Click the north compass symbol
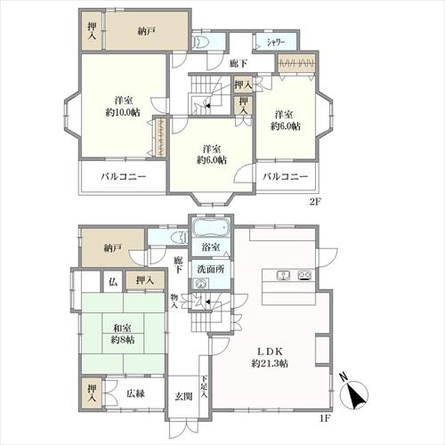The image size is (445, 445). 353,393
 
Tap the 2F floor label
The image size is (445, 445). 315,202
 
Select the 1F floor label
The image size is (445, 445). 324,418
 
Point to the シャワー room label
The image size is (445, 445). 276,43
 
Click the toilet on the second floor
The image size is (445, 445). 199,42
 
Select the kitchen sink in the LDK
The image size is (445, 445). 284,275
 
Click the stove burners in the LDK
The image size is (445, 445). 304,275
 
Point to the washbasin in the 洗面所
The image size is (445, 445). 200,284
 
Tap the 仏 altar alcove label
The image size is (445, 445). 113,281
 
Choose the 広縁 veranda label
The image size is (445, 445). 135,393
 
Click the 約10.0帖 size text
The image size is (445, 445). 123,113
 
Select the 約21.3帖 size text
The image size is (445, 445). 270,363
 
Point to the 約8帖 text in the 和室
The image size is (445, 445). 123,340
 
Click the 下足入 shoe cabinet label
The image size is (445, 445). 205,387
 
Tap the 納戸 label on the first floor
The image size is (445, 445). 112,248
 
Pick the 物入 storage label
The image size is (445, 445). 174,301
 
